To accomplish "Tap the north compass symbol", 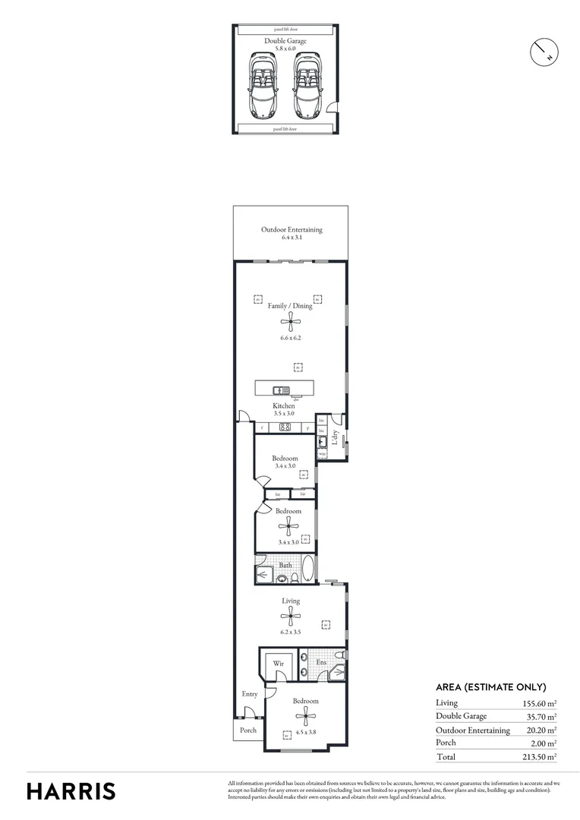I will (x=544, y=51).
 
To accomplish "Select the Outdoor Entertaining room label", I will (x=292, y=230).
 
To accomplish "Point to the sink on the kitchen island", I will (x=279, y=390).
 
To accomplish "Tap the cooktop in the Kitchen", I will (x=286, y=427).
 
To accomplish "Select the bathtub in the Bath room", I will (x=307, y=569).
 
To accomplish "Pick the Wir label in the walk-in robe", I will (x=277, y=663).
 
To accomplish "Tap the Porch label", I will (x=247, y=730).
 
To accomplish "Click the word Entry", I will (x=249, y=694).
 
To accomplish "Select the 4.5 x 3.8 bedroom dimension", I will (x=305, y=733).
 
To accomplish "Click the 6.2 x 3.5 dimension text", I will (x=291, y=632).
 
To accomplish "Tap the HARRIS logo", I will (x=71, y=791).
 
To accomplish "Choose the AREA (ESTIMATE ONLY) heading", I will (x=490, y=687).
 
